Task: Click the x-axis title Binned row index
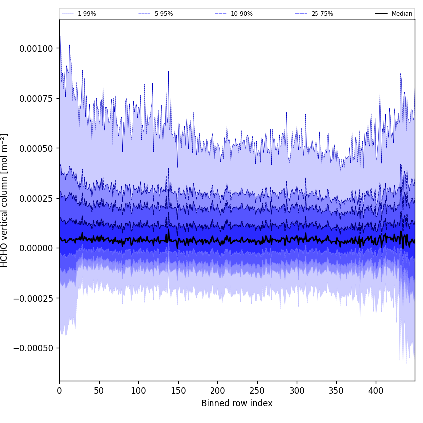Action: tap(237, 403)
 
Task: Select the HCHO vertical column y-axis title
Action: tap(5, 200)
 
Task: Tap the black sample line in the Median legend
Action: tap(382, 14)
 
